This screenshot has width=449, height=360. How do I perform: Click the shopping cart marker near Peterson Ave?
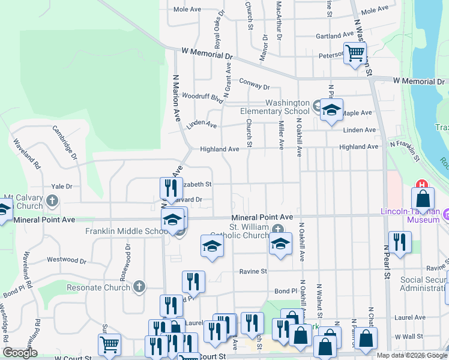click(x=355, y=53)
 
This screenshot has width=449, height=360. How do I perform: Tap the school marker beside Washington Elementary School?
click(x=330, y=110)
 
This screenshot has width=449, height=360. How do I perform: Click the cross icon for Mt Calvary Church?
click(x=53, y=200)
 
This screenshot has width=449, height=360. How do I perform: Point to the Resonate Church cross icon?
click(x=139, y=287)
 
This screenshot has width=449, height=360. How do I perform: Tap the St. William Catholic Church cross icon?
click(x=277, y=228)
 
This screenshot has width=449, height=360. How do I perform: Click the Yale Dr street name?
click(x=61, y=187)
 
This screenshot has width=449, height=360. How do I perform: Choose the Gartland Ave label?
click(x=335, y=36)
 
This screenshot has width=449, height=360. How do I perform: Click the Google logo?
click(x=20, y=353)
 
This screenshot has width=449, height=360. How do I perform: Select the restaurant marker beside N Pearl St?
click(x=400, y=242)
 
